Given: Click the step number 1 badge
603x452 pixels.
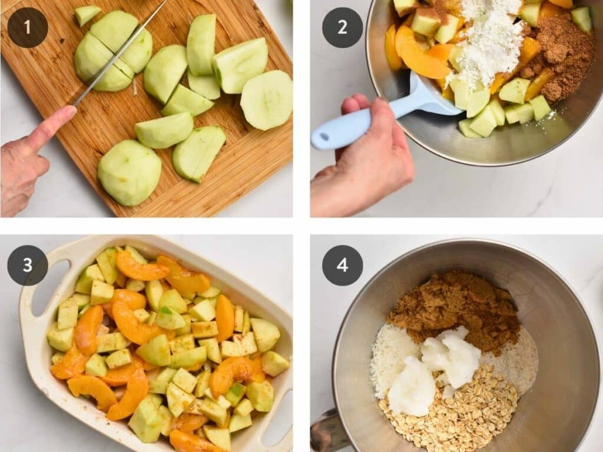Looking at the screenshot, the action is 27,27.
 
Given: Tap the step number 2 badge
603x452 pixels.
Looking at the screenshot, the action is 342,27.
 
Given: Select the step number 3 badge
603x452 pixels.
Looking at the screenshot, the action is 27,265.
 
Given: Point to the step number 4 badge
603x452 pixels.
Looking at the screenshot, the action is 342,265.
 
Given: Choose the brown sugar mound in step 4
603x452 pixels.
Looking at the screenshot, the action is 454,307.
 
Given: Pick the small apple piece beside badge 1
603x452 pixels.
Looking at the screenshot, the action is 87,15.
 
